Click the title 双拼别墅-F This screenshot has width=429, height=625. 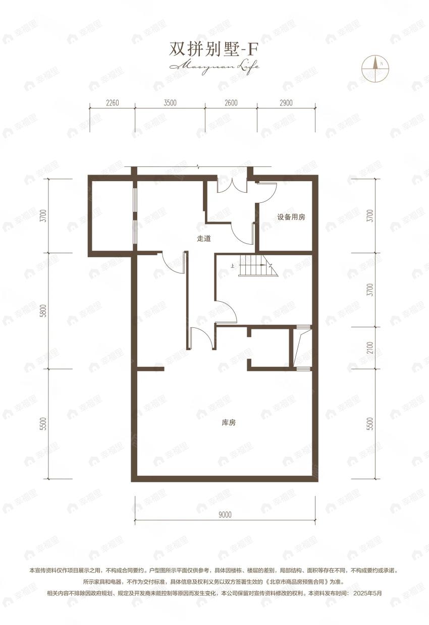[x=214, y=49]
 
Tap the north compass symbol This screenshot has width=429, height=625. [x=374, y=67]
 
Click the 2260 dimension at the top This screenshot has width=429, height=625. [x=112, y=103]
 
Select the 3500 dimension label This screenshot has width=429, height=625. [x=170, y=103]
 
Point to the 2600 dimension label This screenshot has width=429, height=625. [x=231, y=103]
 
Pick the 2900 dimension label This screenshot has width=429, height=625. [x=286, y=103]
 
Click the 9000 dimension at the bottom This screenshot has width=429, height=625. [x=225, y=515]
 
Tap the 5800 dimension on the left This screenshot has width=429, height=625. [x=44, y=310]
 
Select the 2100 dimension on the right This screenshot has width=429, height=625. [x=370, y=349]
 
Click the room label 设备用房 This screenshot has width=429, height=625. [x=291, y=217]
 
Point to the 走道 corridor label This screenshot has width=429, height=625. [x=203, y=239]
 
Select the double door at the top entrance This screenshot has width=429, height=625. [x=232, y=184]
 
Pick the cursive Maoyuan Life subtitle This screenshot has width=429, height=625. [x=215, y=66]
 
